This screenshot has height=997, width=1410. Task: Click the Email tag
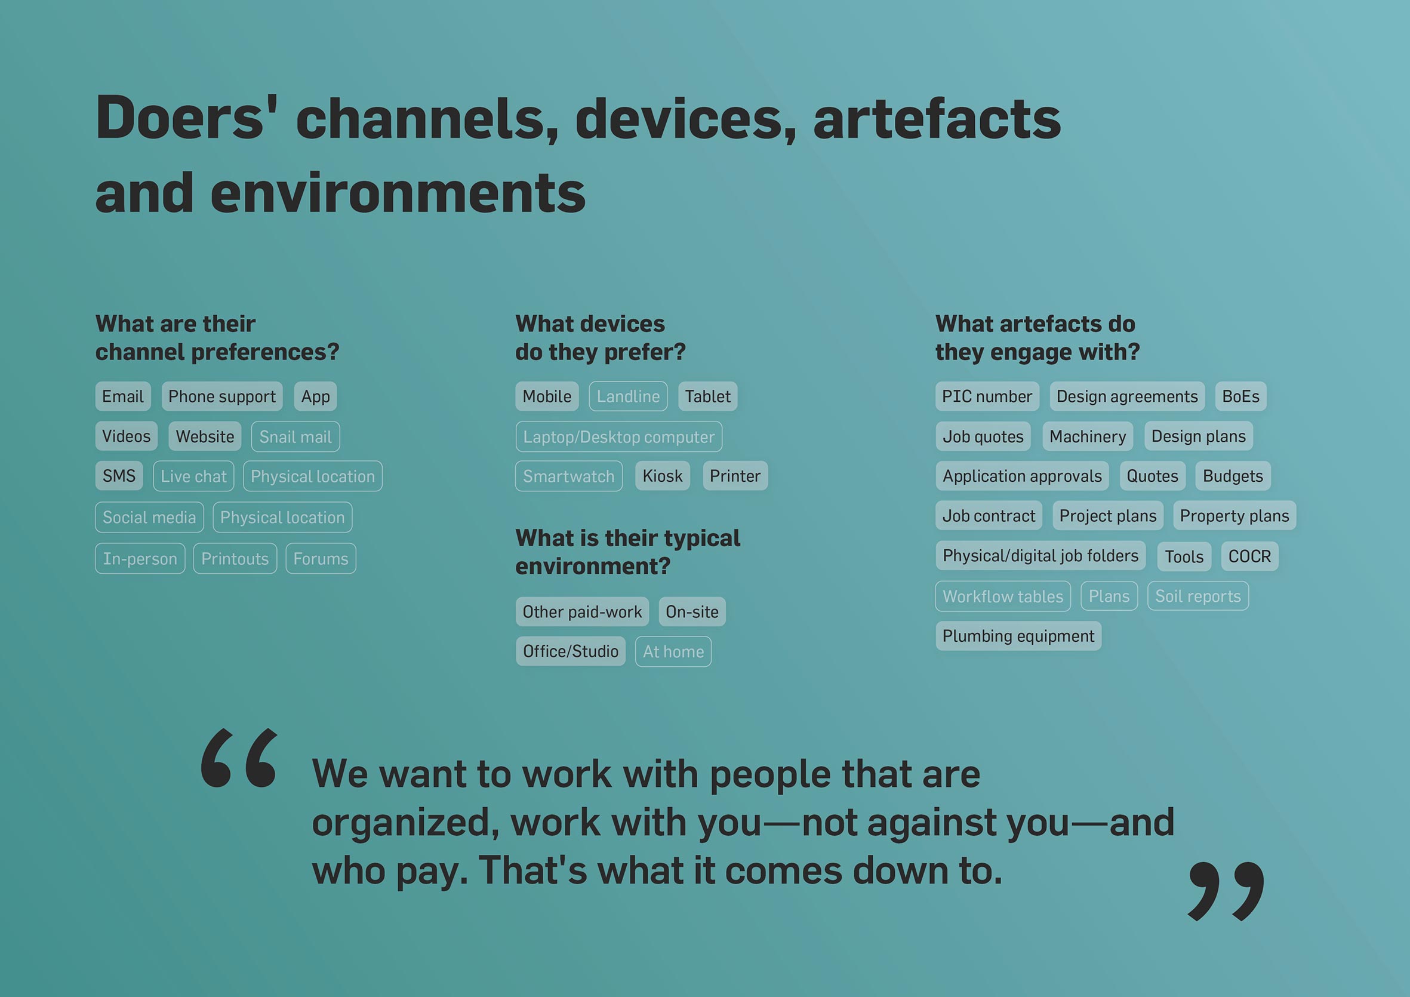point(123,396)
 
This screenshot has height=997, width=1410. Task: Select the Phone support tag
point(221,396)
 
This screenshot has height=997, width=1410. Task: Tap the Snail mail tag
point(295,437)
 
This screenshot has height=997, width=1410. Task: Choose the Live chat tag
point(193,476)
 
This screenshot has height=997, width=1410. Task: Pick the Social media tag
point(149,517)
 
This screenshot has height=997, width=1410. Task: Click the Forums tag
point(321,558)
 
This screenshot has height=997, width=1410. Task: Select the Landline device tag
point(628,396)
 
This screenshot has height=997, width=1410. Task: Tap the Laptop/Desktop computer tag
point(619,437)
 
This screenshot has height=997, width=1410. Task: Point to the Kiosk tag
point(663,476)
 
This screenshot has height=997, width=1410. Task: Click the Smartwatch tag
point(569,476)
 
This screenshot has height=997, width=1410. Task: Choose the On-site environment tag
point(692,612)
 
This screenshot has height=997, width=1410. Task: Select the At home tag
point(674,651)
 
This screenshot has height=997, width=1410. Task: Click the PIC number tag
point(987,396)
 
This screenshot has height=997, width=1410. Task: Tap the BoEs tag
point(1240,396)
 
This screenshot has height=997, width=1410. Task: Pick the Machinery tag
point(1088,436)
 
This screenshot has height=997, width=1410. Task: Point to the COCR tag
point(1249,556)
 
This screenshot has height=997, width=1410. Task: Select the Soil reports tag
point(1198,596)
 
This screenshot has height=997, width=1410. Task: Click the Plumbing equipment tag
point(1018,636)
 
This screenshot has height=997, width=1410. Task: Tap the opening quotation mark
point(239,758)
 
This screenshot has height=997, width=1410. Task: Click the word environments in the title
point(398,193)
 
